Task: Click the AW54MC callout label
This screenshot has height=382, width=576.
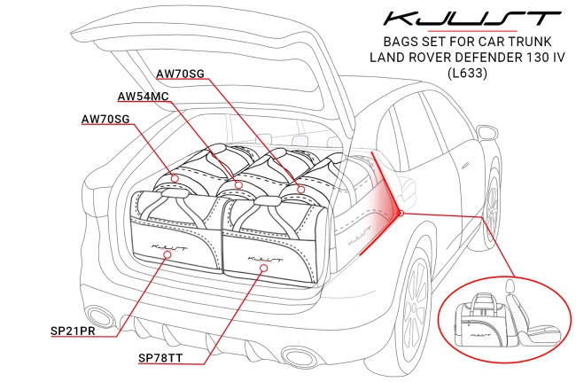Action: (x=142, y=96)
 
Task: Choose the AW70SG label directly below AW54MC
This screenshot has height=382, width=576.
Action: (x=105, y=119)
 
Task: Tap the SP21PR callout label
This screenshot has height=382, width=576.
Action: (x=74, y=331)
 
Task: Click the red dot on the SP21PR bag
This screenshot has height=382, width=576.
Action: (x=168, y=254)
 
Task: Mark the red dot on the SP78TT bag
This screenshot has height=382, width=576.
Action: (x=261, y=266)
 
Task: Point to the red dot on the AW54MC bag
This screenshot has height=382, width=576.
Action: (x=237, y=185)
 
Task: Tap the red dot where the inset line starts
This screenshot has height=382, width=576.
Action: (x=401, y=213)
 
